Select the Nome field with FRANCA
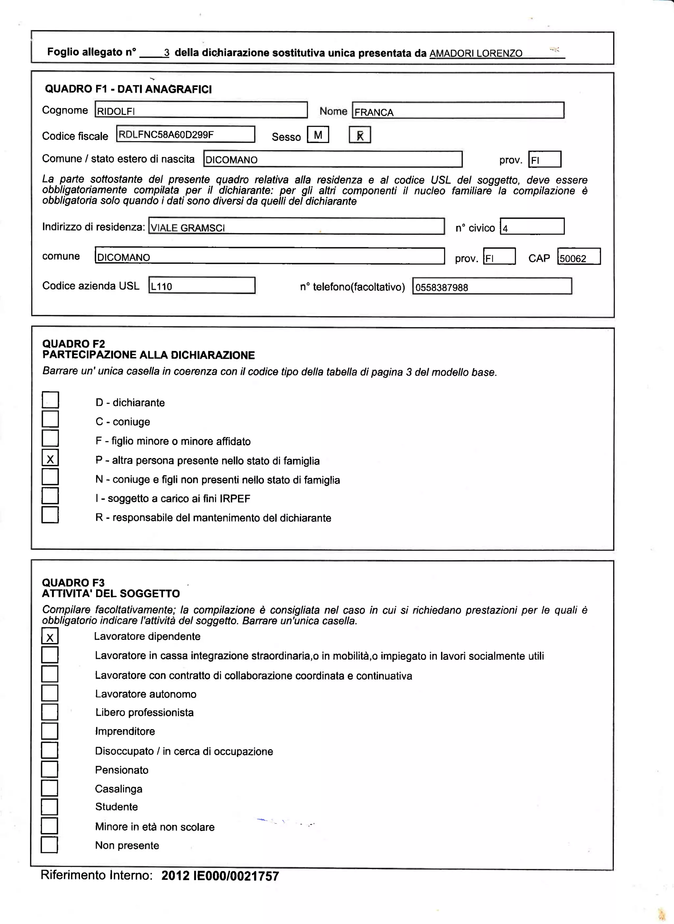pos(458,111)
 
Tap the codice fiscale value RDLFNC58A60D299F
pos(185,134)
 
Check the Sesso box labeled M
pos(318,135)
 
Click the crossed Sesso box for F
pos(360,135)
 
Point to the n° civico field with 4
pos(532,227)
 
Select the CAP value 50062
pos(579,257)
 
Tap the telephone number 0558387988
pos(492,286)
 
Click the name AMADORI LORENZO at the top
pos(476,53)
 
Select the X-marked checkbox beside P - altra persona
pos(50,458)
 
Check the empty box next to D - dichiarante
pos(50,400)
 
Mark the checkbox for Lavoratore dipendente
pos(50,636)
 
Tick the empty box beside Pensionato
pos(49,769)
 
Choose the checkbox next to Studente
pos(49,806)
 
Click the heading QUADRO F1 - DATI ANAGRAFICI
pos(128,89)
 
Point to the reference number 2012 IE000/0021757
pos(220,876)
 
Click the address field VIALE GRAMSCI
pos(296,227)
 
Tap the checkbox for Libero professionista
pos(49,712)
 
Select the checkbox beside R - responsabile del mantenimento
pos(50,515)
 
